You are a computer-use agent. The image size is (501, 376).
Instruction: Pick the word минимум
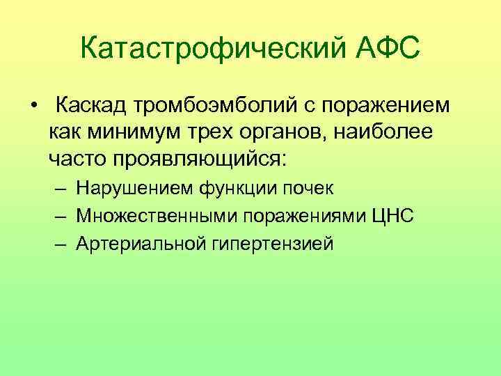click(143, 131)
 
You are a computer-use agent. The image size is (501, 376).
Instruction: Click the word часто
click(78, 156)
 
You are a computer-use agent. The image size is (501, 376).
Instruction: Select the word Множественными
click(157, 216)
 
